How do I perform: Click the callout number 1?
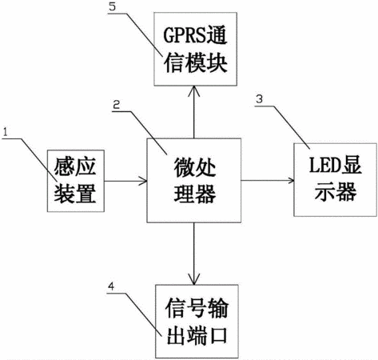point(5,132)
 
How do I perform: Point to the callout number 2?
point(117,105)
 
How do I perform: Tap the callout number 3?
point(259,99)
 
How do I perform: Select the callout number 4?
point(111,286)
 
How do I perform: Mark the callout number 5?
point(113,6)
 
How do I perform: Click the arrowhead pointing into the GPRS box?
point(194,90)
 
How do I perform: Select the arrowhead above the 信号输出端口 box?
point(194,279)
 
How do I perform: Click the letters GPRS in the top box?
point(181,35)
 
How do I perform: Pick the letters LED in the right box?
point(323,166)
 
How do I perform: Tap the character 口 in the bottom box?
point(218,335)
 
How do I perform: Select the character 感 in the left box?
point(64,166)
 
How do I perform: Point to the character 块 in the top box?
point(217,63)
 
